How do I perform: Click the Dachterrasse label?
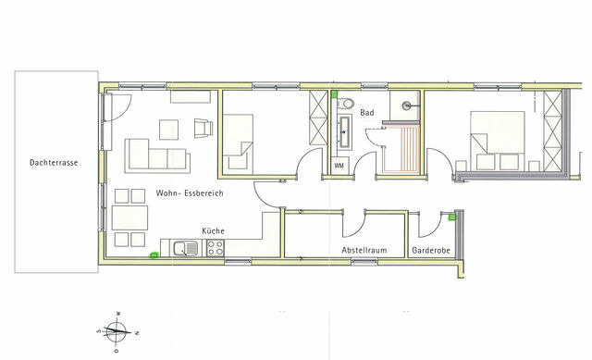pyautogui.click(x=53, y=163)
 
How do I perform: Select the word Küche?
pyautogui.click(x=213, y=230)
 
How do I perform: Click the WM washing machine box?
pyautogui.click(x=339, y=166)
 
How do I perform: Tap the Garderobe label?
pyautogui.click(x=430, y=250)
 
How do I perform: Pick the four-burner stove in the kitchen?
pyautogui.click(x=216, y=247)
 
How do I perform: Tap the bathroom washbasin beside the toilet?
pyautogui.click(x=346, y=132)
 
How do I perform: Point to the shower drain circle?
pyautogui.click(x=407, y=106)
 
